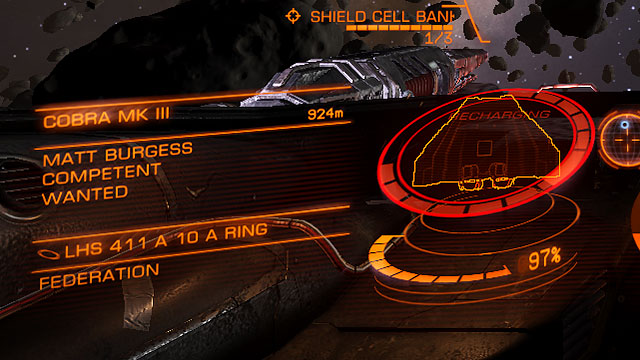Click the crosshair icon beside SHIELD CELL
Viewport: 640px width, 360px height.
coord(293,16)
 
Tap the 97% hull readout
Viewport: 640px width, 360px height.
coord(543,260)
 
